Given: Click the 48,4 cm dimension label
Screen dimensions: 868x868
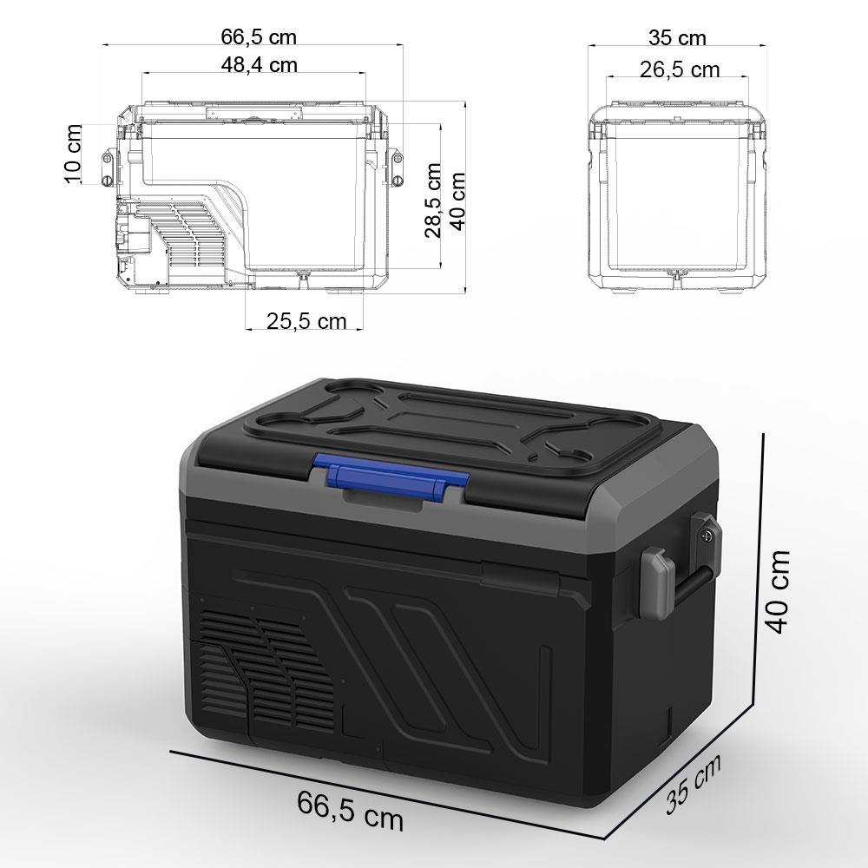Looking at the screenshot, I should (260, 64).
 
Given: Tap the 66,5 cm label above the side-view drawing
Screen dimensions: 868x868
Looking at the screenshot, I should (259, 36).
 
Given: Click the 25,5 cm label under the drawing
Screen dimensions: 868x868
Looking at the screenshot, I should (306, 322).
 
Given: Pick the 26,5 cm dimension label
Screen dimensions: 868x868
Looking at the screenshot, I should (680, 69).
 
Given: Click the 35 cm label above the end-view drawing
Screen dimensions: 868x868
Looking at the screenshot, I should (677, 38).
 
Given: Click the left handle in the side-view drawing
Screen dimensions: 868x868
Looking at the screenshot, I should (108, 168).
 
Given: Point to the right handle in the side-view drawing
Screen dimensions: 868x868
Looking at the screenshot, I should (398, 168).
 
